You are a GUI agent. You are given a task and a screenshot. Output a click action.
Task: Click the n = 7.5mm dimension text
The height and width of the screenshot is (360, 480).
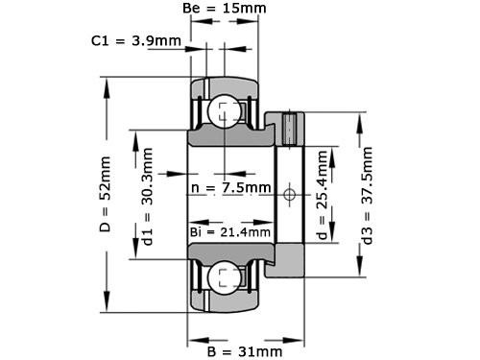pos(231,187)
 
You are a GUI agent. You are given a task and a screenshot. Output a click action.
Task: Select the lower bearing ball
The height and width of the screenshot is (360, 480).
pos(224,278)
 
